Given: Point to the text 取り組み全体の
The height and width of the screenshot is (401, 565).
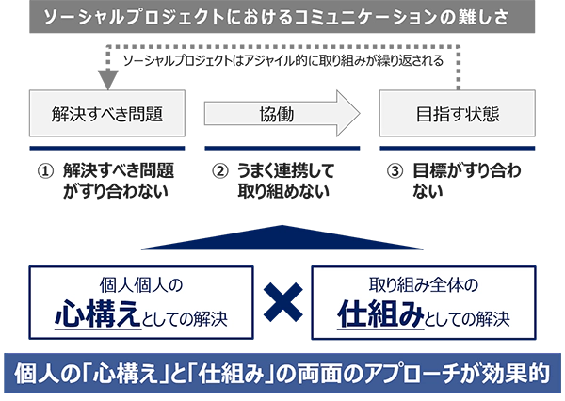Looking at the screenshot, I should tap(425, 284).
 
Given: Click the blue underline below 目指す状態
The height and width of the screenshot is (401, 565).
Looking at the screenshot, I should tap(458, 148).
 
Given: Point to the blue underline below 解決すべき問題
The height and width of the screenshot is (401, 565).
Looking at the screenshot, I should tap(107, 148).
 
